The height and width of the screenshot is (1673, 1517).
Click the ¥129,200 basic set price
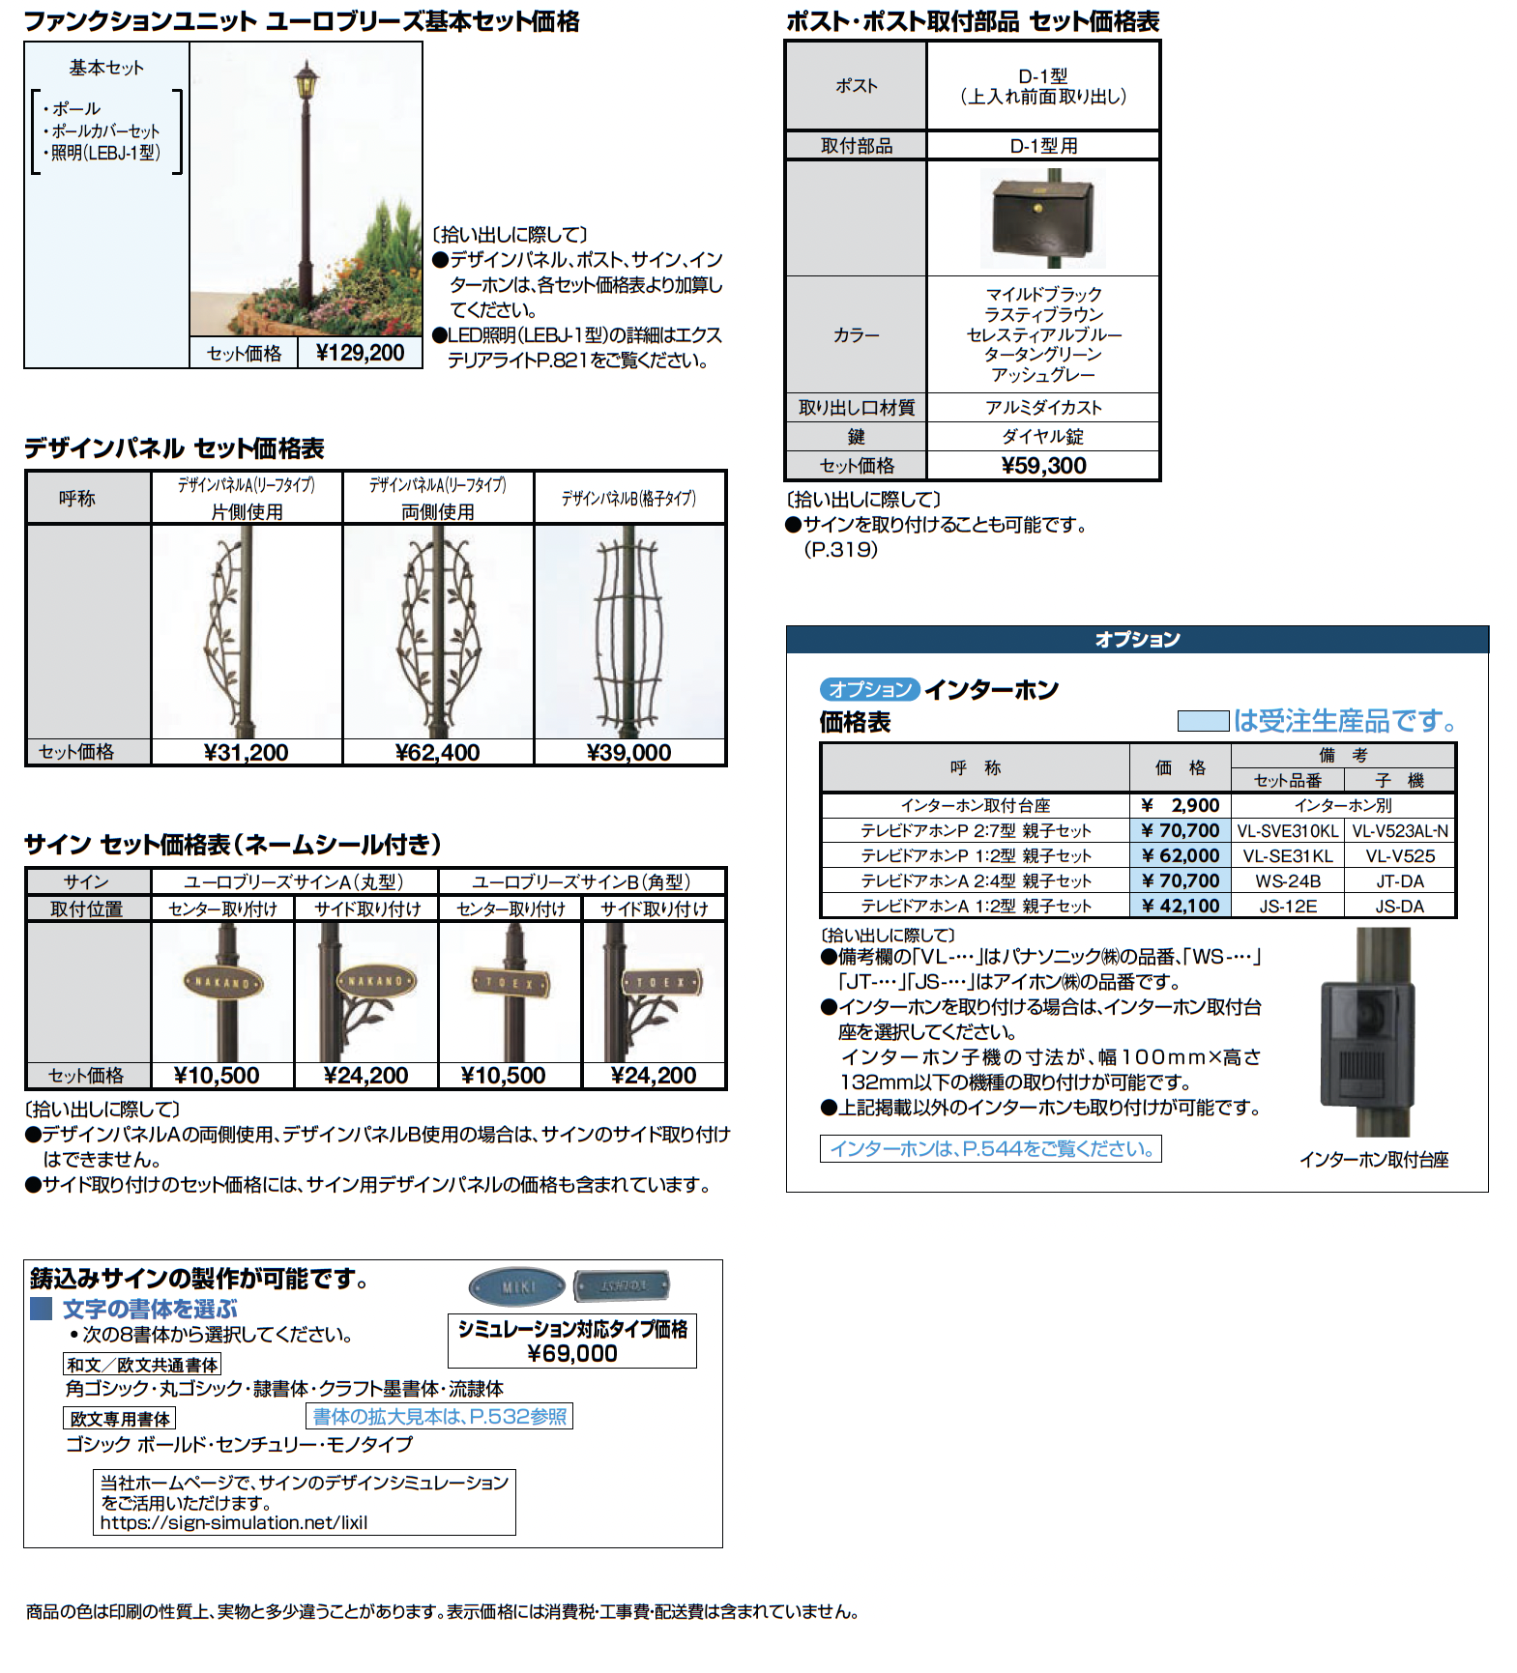(360, 353)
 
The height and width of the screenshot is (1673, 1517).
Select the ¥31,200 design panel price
(247, 752)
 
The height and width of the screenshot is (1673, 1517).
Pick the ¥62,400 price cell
(437, 752)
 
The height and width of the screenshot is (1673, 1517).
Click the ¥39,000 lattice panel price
(628, 752)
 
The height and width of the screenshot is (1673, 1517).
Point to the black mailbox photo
(1041, 216)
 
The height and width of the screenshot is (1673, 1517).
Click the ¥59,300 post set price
(1043, 466)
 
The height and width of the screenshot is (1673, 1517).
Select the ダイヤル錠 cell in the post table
(1043, 437)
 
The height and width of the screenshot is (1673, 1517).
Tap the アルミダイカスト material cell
(1043, 408)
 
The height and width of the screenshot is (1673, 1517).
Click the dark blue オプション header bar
(1137, 639)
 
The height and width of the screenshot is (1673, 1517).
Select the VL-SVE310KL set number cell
(1288, 830)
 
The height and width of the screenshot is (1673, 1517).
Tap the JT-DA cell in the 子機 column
(1399, 880)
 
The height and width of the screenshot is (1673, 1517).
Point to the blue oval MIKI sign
(517, 1286)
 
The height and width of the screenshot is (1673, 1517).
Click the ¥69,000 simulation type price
(572, 1353)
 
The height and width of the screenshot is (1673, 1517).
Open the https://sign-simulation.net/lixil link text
(234, 1522)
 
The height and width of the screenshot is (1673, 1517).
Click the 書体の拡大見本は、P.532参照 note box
(440, 1416)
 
